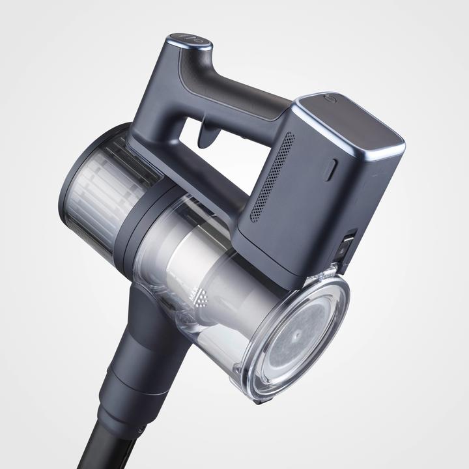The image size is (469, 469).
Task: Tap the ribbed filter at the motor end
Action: click(98, 195)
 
